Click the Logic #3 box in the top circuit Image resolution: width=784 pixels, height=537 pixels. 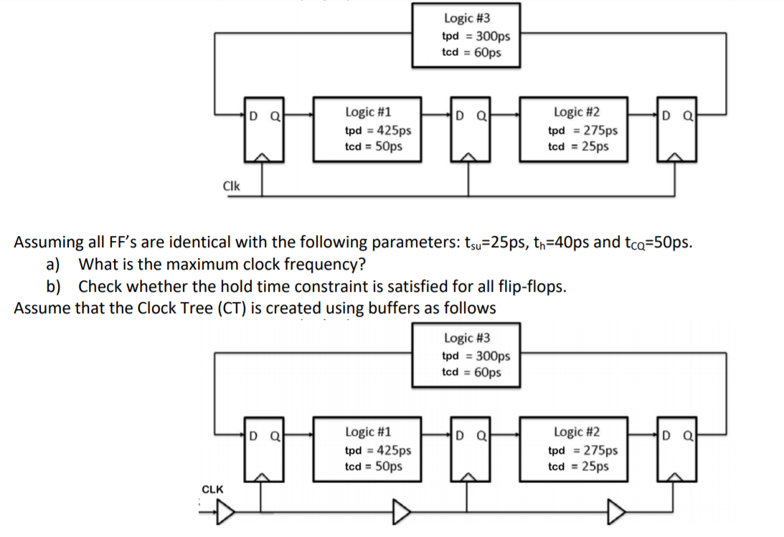[466, 35]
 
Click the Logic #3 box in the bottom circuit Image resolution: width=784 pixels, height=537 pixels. [466, 355]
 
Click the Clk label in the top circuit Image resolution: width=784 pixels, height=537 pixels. [232, 186]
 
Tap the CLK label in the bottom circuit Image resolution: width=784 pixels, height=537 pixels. [212, 489]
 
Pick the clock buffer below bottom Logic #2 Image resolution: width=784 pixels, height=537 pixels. [616, 512]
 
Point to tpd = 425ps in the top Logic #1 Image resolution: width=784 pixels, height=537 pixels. [378, 130]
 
